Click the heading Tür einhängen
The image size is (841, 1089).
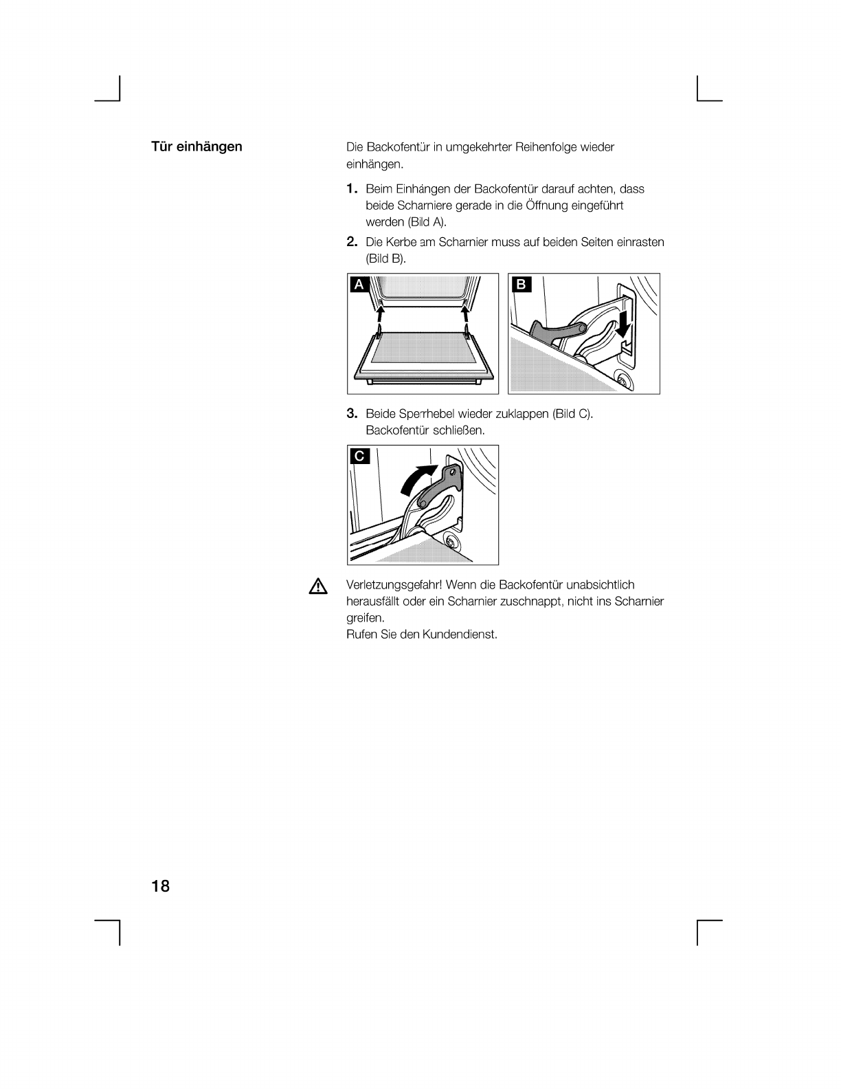(x=197, y=147)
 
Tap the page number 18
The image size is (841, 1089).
(x=160, y=886)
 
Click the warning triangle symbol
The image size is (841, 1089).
(x=318, y=586)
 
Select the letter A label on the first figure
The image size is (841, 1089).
(x=359, y=285)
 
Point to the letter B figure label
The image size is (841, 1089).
(x=521, y=285)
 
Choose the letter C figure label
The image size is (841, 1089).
(x=359, y=456)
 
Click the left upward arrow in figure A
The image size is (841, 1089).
(x=381, y=316)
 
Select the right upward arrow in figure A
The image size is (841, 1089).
(x=465, y=316)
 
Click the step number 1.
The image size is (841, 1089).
(x=352, y=189)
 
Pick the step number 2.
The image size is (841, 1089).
(x=352, y=242)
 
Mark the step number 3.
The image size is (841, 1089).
(x=352, y=413)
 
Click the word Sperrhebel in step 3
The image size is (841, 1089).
(x=426, y=414)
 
